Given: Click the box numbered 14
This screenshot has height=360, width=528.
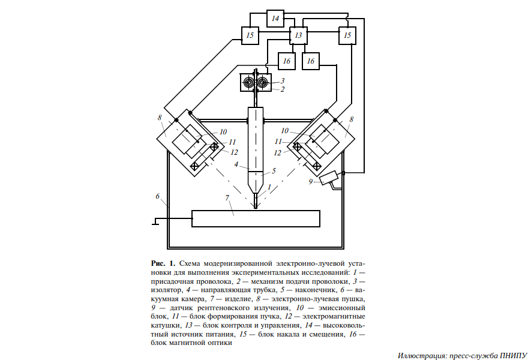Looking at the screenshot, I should pos(275,19).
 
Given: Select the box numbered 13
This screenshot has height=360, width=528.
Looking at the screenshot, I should pos(298,36).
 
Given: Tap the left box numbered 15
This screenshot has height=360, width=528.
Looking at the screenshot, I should pos(250,36).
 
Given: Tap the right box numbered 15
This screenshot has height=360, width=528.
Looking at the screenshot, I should pos(347,36).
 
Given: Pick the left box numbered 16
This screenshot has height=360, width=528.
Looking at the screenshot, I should pos(287,61).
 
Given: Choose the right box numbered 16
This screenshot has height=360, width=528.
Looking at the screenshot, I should pos(311,61).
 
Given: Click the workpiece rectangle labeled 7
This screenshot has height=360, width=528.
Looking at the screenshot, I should pos(256,218).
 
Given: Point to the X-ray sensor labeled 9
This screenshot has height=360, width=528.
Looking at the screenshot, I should pos(329,178).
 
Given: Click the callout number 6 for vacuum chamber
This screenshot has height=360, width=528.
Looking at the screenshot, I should pos(157,196).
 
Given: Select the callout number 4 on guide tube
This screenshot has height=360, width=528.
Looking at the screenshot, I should pos(237,163).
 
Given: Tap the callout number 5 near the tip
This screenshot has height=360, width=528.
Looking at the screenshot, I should pos(274,170).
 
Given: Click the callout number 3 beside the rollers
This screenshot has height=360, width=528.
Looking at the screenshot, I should pos(283,80).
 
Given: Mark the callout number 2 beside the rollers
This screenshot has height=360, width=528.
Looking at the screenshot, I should pos(283,89).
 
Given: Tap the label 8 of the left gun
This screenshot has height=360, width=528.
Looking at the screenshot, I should pos(160,118).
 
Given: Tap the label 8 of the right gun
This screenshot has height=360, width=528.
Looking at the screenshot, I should pos(352,119).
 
